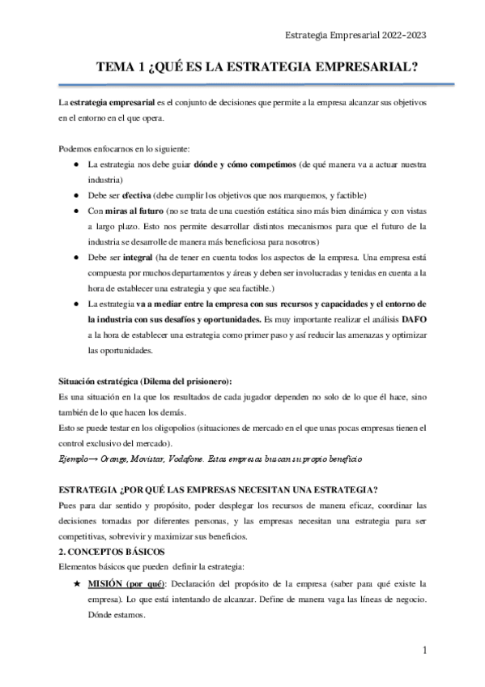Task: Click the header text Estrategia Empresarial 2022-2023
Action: pyautogui.click(x=357, y=35)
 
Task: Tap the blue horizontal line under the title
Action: pyautogui.click(x=257, y=84)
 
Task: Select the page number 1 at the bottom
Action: pyautogui.click(x=425, y=650)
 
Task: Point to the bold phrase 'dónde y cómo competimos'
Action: pyautogui.click(x=244, y=164)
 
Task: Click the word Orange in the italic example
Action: pyautogui.click(x=115, y=459)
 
